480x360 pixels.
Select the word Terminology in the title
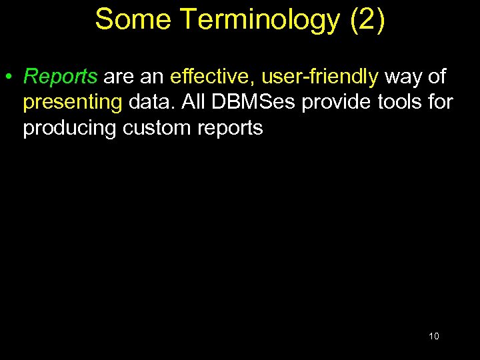coord(259,19)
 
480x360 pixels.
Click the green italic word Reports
coord(61,77)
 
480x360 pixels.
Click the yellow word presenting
coord(72,103)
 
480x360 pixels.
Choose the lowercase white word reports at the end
coord(230,128)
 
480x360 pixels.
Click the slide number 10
coord(434,336)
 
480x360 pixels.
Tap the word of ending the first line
coord(437,77)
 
